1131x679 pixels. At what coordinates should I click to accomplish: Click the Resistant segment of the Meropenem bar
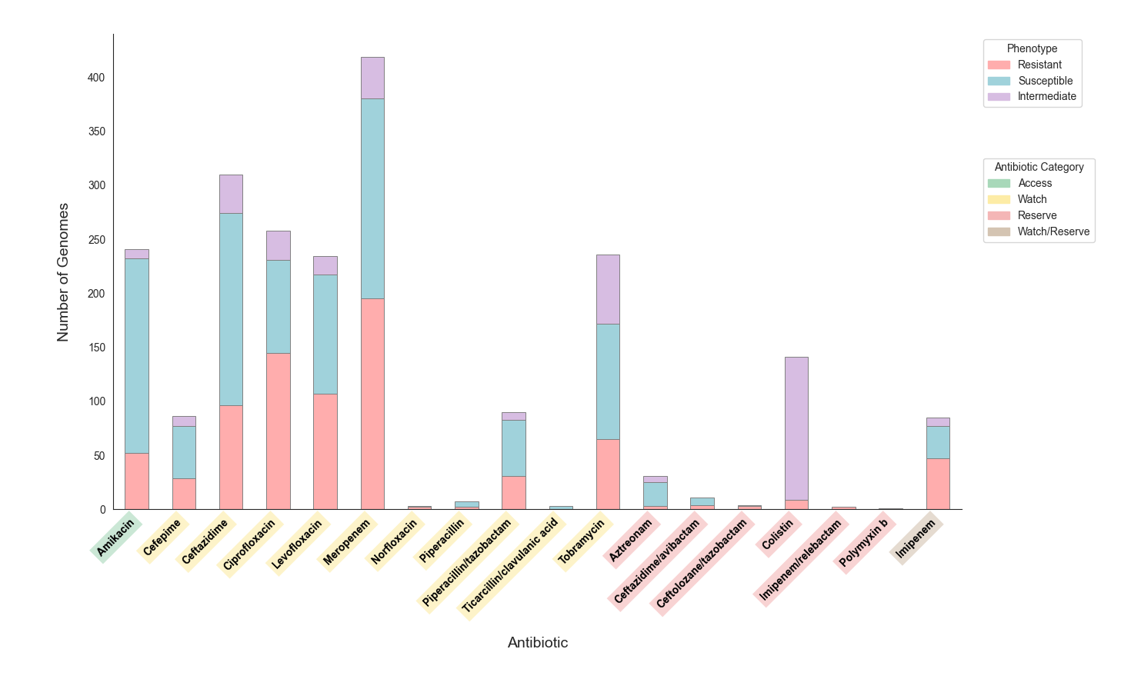coord(372,404)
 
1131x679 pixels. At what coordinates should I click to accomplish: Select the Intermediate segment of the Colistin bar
coord(796,428)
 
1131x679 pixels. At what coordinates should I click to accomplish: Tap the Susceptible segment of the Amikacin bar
coord(137,355)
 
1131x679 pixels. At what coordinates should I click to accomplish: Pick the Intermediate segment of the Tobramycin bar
coord(608,289)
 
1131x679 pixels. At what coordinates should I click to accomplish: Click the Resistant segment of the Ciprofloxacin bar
coord(278,431)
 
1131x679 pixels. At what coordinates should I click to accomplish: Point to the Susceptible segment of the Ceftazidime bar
coord(231,309)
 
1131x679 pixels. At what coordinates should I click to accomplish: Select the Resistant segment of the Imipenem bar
coord(938,484)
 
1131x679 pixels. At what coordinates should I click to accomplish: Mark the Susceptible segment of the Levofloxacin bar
coord(325,334)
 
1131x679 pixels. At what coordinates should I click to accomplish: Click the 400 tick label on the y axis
coord(96,78)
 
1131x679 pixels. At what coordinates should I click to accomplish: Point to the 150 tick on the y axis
coord(96,348)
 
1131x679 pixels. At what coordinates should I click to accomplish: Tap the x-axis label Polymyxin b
coord(864,543)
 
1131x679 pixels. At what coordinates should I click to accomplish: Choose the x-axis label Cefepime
coord(162,538)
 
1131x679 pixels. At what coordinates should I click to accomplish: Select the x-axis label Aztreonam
coord(630,540)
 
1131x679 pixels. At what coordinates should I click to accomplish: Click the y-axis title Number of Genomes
coord(63,272)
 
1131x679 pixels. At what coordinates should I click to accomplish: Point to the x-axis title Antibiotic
coord(538,643)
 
